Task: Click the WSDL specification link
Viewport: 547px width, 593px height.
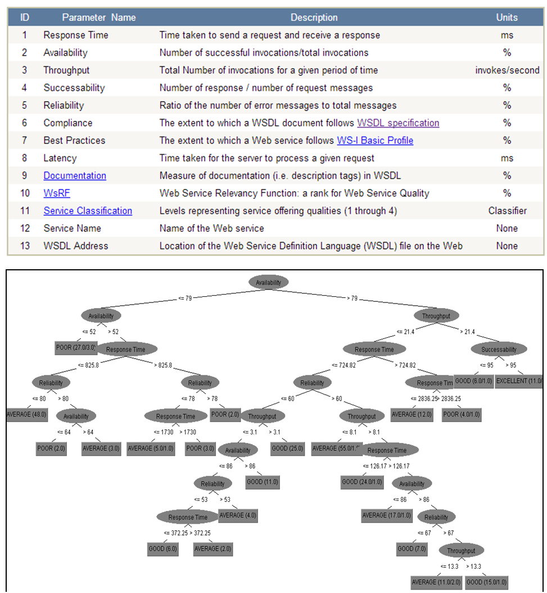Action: click(x=398, y=123)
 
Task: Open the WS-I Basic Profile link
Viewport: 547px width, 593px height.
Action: click(x=375, y=140)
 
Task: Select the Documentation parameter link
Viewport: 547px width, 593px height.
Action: click(x=75, y=175)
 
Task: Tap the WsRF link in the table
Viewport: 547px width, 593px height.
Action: click(x=57, y=193)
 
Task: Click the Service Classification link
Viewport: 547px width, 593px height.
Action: click(x=88, y=211)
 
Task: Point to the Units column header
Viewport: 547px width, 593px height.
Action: click(x=507, y=17)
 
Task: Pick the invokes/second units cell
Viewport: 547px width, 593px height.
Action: click(x=507, y=70)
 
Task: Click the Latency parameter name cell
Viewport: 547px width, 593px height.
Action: click(x=60, y=158)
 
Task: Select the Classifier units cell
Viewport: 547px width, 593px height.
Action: click(x=507, y=211)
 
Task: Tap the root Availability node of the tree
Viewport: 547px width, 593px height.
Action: click(x=268, y=282)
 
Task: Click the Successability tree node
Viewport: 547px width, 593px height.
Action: click(x=499, y=349)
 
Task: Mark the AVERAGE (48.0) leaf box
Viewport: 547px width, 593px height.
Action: click(x=26, y=415)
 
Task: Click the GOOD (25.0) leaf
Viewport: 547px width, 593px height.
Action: click(x=287, y=449)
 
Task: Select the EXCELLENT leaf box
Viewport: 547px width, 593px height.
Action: click(x=519, y=381)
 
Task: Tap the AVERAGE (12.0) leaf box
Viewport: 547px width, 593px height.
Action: click(x=412, y=415)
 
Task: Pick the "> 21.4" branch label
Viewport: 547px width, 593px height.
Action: click(x=468, y=332)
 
